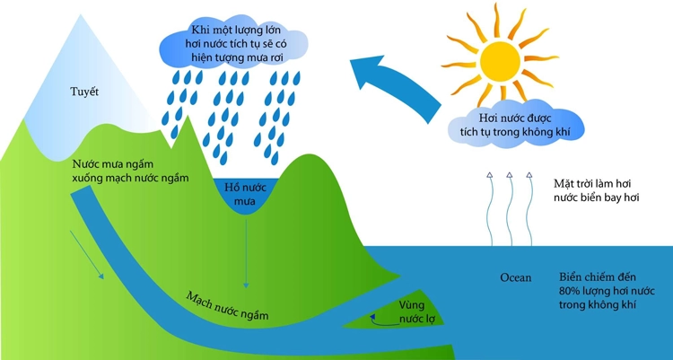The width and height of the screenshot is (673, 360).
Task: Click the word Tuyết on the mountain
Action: click(x=84, y=92)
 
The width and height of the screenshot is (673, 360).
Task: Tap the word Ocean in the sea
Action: click(x=515, y=278)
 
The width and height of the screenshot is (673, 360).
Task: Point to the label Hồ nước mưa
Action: click(x=245, y=194)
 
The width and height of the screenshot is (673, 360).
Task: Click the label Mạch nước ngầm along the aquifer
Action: click(x=228, y=306)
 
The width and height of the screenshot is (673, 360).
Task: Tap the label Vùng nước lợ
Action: click(x=414, y=312)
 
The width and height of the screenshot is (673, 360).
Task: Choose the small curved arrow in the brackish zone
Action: click(x=383, y=321)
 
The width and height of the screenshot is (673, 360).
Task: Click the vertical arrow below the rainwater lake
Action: click(x=246, y=253)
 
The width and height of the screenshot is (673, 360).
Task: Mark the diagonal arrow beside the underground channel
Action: click(x=87, y=255)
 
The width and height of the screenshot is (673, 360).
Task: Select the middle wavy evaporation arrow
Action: click(x=510, y=209)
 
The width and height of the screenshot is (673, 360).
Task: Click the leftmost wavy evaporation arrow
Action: click(x=489, y=209)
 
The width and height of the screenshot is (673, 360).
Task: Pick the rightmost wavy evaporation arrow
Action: click(x=529, y=209)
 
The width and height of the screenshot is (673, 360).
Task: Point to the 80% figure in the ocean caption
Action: click(x=570, y=291)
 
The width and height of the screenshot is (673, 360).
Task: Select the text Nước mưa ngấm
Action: click(x=113, y=164)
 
